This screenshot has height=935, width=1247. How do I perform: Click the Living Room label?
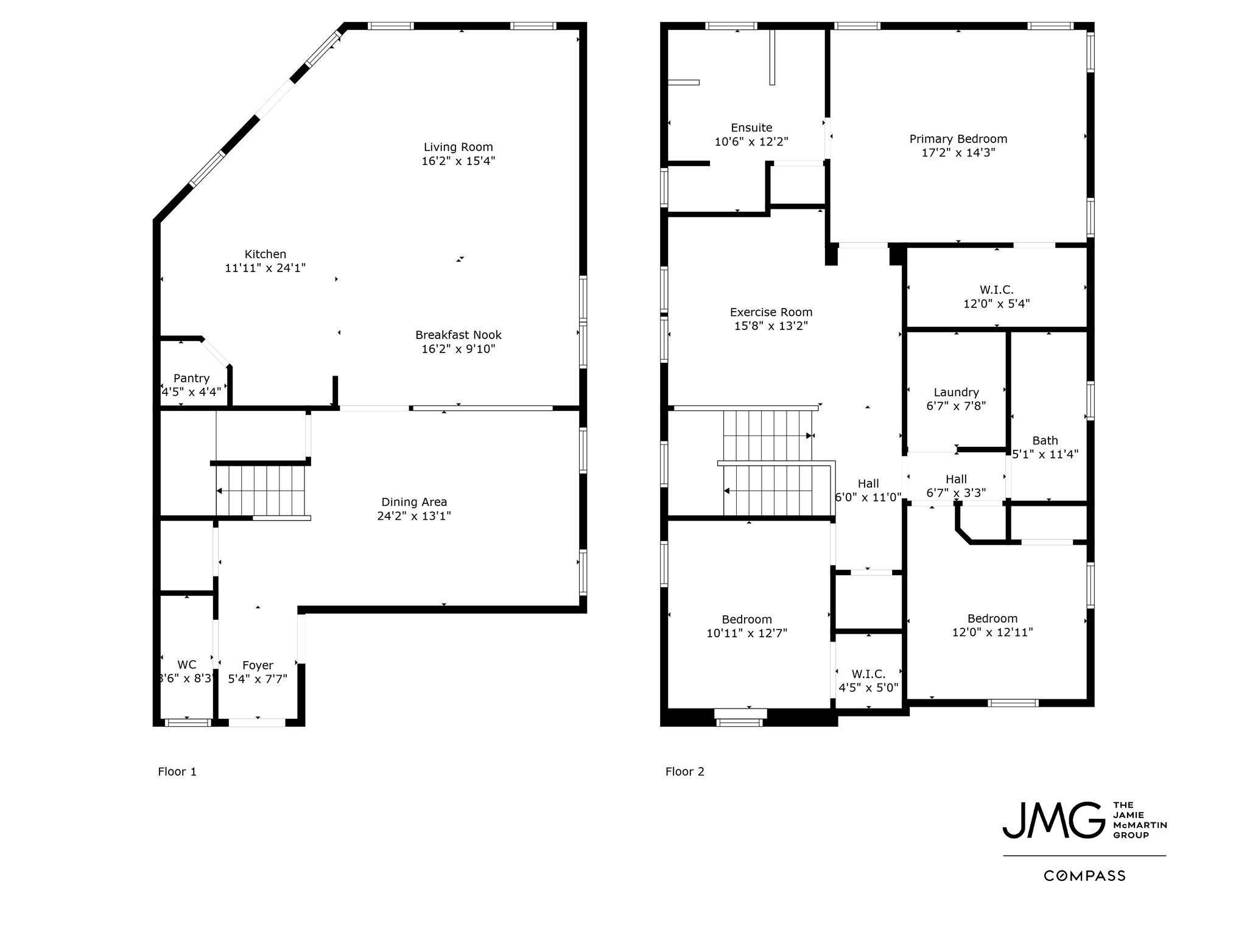pos(458,147)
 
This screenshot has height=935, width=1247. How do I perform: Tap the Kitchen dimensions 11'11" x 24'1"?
pos(265,268)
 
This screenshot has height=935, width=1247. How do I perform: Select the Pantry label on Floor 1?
pos(191,378)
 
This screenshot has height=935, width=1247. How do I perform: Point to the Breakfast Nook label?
pos(458,335)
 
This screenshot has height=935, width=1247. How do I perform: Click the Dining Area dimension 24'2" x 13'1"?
pos(414,516)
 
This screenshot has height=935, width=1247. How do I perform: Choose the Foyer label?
pos(258,665)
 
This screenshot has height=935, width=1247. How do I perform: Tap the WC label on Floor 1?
pos(186,665)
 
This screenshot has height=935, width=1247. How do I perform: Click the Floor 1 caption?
pos(177,772)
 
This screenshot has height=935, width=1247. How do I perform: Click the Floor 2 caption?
pos(684,772)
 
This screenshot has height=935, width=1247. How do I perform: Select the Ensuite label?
pos(751,128)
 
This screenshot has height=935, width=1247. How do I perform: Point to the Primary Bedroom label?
pos(958,139)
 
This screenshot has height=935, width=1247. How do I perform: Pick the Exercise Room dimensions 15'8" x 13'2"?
pos(771,326)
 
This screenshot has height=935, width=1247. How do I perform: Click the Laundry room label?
pos(956,393)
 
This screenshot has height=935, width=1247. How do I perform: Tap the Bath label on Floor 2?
pos(1045,441)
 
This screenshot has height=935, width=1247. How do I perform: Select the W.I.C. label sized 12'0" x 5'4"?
pos(997,290)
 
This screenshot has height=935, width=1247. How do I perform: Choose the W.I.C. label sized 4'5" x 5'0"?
pos(868,674)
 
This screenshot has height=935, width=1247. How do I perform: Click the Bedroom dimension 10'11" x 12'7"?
pos(746,634)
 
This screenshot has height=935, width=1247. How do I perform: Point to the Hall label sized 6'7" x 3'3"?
pos(956,479)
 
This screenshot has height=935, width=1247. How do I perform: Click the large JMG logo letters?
pos(1054,820)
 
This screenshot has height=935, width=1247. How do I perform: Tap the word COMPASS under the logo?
pos(1084,876)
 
